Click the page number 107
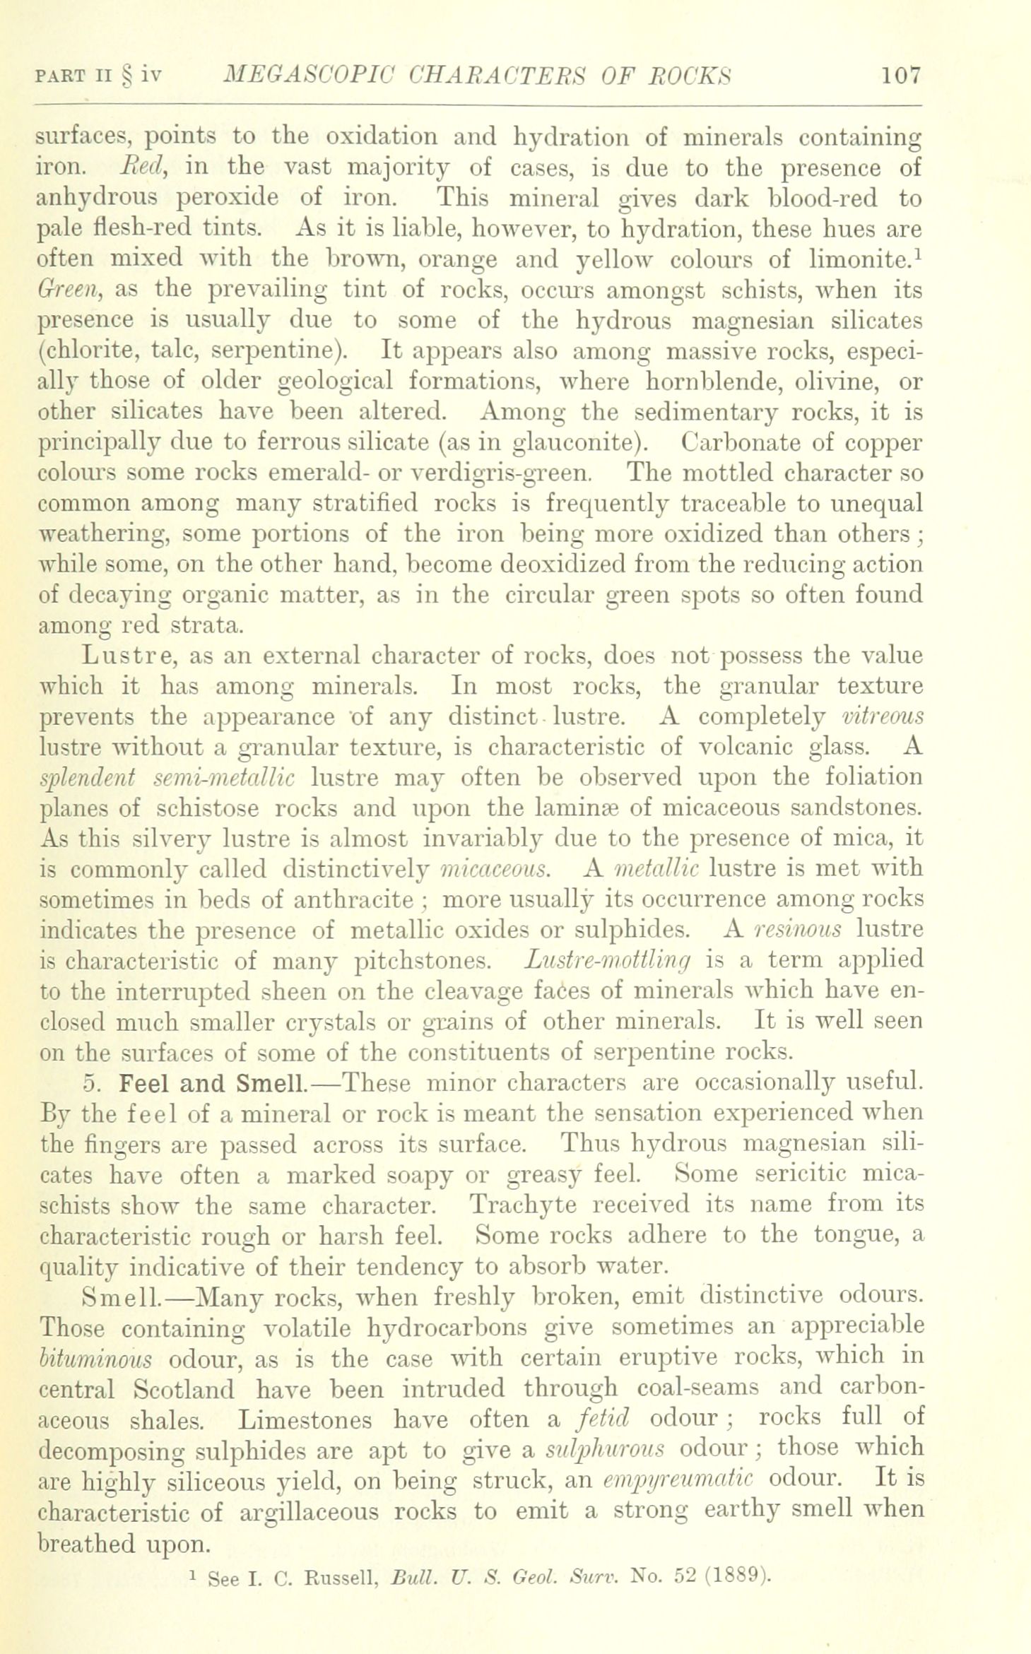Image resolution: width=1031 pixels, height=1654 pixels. point(900,76)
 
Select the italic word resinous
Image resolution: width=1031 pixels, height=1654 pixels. point(798,930)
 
